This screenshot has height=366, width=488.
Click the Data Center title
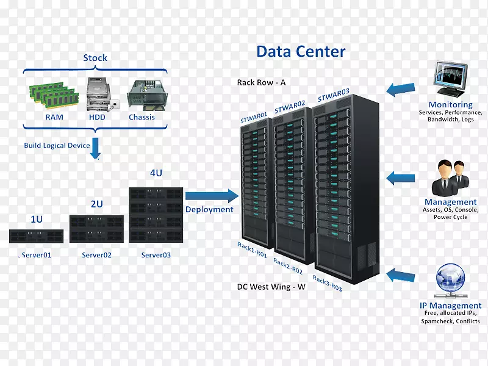click(301, 51)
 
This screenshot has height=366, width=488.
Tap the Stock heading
click(95, 58)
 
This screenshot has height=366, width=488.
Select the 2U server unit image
click(96, 229)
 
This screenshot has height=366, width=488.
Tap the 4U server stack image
click(156, 215)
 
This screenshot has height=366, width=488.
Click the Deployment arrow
click(211, 196)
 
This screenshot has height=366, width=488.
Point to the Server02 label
click(96, 255)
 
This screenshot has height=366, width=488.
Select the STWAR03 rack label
click(333, 96)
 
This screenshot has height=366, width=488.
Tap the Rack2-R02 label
click(288, 266)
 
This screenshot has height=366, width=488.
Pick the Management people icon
click(450, 178)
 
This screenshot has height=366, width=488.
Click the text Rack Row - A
click(262, 82)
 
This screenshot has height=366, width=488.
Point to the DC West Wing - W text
click(271, 286)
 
